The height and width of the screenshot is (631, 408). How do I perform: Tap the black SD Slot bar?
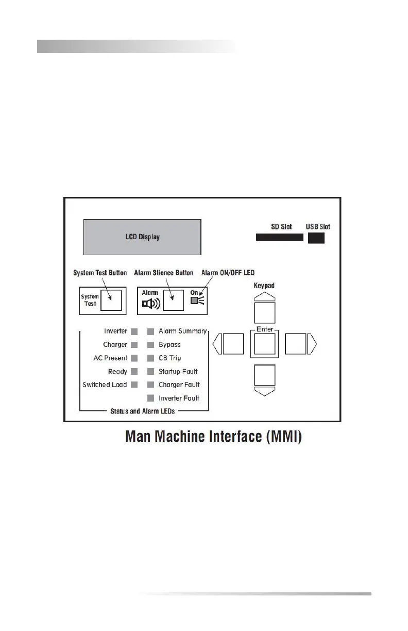click(279, 237)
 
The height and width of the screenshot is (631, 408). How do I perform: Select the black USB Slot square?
click(316, 237)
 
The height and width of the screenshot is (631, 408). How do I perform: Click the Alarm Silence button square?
click(173, 300)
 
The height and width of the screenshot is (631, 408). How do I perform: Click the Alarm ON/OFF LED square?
click(194, 301)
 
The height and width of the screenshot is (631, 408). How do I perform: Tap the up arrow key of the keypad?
click(265, 313)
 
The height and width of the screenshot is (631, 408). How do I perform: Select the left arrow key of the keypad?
click(233, 344)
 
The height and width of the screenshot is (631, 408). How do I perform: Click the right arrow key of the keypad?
click(296, 344)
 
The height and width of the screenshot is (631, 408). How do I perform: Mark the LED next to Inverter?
click(134, 331)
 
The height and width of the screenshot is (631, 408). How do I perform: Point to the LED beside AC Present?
click(134, 358)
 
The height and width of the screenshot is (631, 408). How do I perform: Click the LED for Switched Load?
click(134, 385)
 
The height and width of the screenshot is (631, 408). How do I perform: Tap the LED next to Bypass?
click(151, 344)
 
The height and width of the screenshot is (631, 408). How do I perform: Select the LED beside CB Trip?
click(151, 358)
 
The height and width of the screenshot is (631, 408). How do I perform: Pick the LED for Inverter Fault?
click(151, 398)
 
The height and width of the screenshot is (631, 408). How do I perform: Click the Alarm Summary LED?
click(151, 331)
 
